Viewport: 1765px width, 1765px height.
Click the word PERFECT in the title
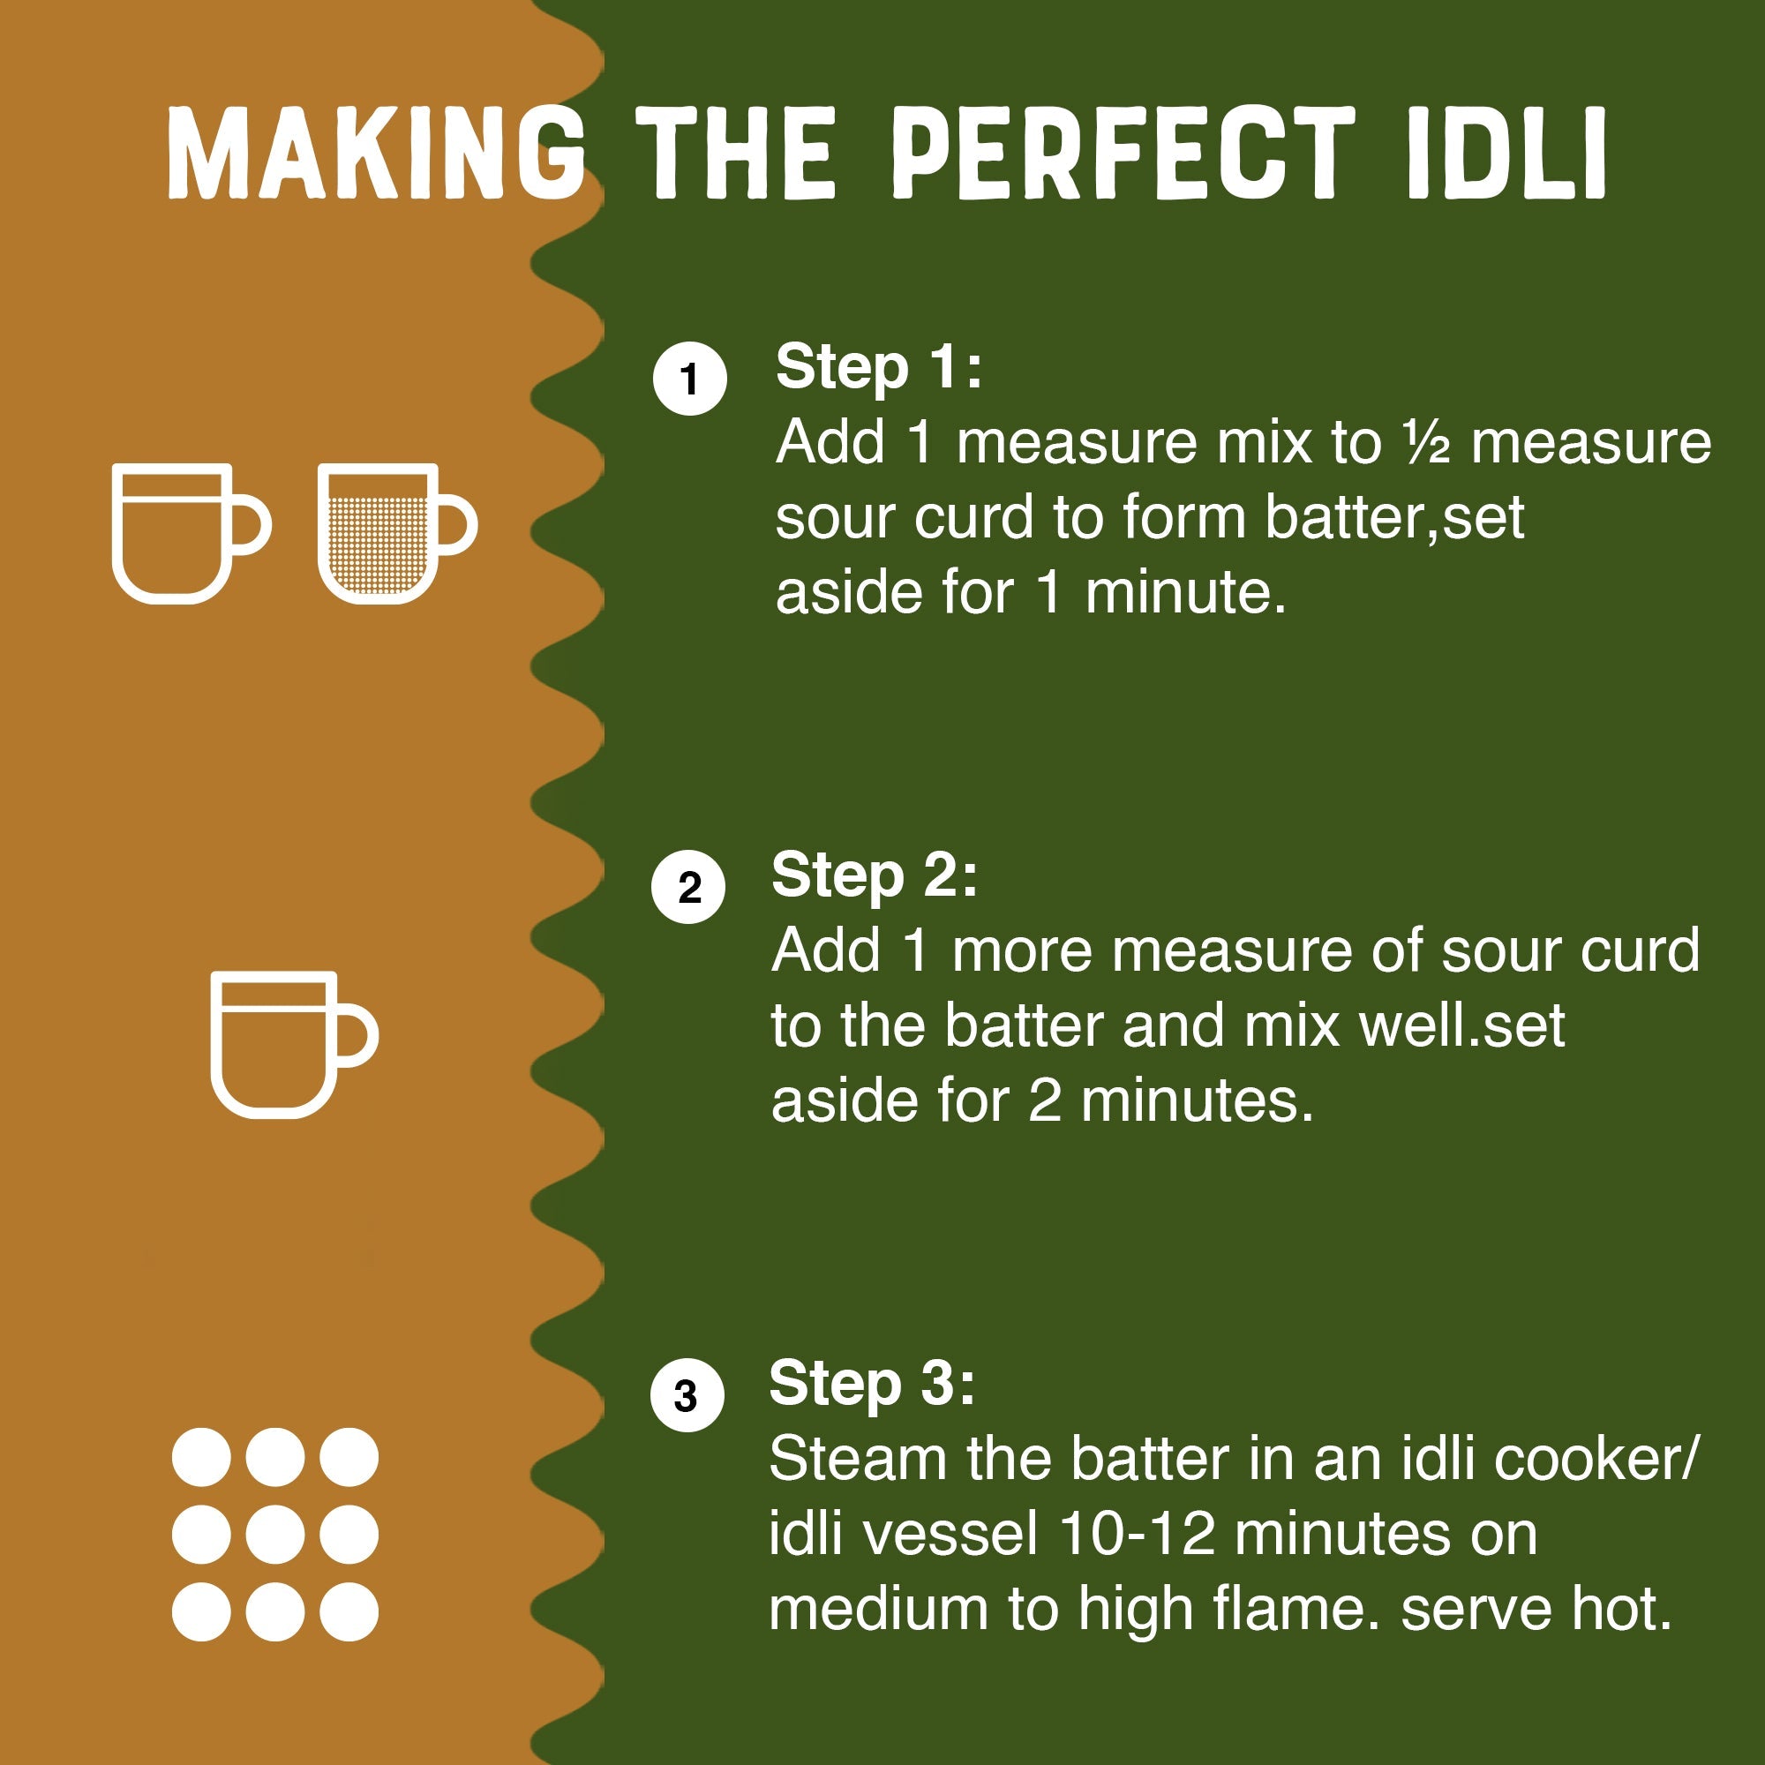click(x=1123, y=153)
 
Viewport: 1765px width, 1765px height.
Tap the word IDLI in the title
click(x=1506, y=153)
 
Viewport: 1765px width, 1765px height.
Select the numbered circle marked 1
click(x=690, y=379)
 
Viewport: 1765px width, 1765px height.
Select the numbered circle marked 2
click(x=688, y=886)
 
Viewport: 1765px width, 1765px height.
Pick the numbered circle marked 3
click(x=687, y=1395)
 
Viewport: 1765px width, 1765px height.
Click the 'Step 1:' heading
click(x=878, y=367)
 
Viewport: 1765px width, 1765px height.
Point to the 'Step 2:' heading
click(x=875, y=875)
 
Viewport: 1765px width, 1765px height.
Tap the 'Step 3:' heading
click(x=872, y=1383)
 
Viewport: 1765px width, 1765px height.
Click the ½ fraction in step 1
click(x=1427, y=443)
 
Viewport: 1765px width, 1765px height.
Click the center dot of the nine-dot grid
click(x=275, y=1535)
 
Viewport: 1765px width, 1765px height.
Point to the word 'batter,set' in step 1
click(x=1394, y=518)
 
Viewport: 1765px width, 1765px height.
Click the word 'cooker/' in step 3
click(x=1596, y=1458)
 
